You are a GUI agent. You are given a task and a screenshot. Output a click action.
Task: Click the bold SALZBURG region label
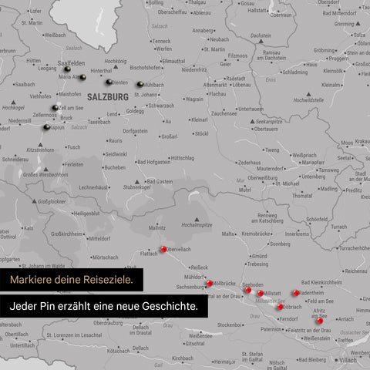point(107,97)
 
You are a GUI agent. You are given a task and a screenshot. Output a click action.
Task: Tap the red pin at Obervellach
point(163,248)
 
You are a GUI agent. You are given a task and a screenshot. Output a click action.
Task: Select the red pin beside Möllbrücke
point(209,284)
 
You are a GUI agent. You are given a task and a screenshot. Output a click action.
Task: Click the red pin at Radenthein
point(295,293)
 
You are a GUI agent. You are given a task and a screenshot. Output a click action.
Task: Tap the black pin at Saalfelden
point(77,69)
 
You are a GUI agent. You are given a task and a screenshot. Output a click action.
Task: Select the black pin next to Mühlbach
point(140,85)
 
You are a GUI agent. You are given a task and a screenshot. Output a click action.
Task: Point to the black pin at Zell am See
point(54,108)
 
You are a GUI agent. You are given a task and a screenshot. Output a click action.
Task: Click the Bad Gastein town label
point(160,181)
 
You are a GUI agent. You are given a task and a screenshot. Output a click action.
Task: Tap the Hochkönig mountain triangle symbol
point(115,68)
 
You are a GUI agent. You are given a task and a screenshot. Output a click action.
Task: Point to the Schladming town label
point(294,72)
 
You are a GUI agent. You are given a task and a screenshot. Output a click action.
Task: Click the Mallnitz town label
point(157,228)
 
